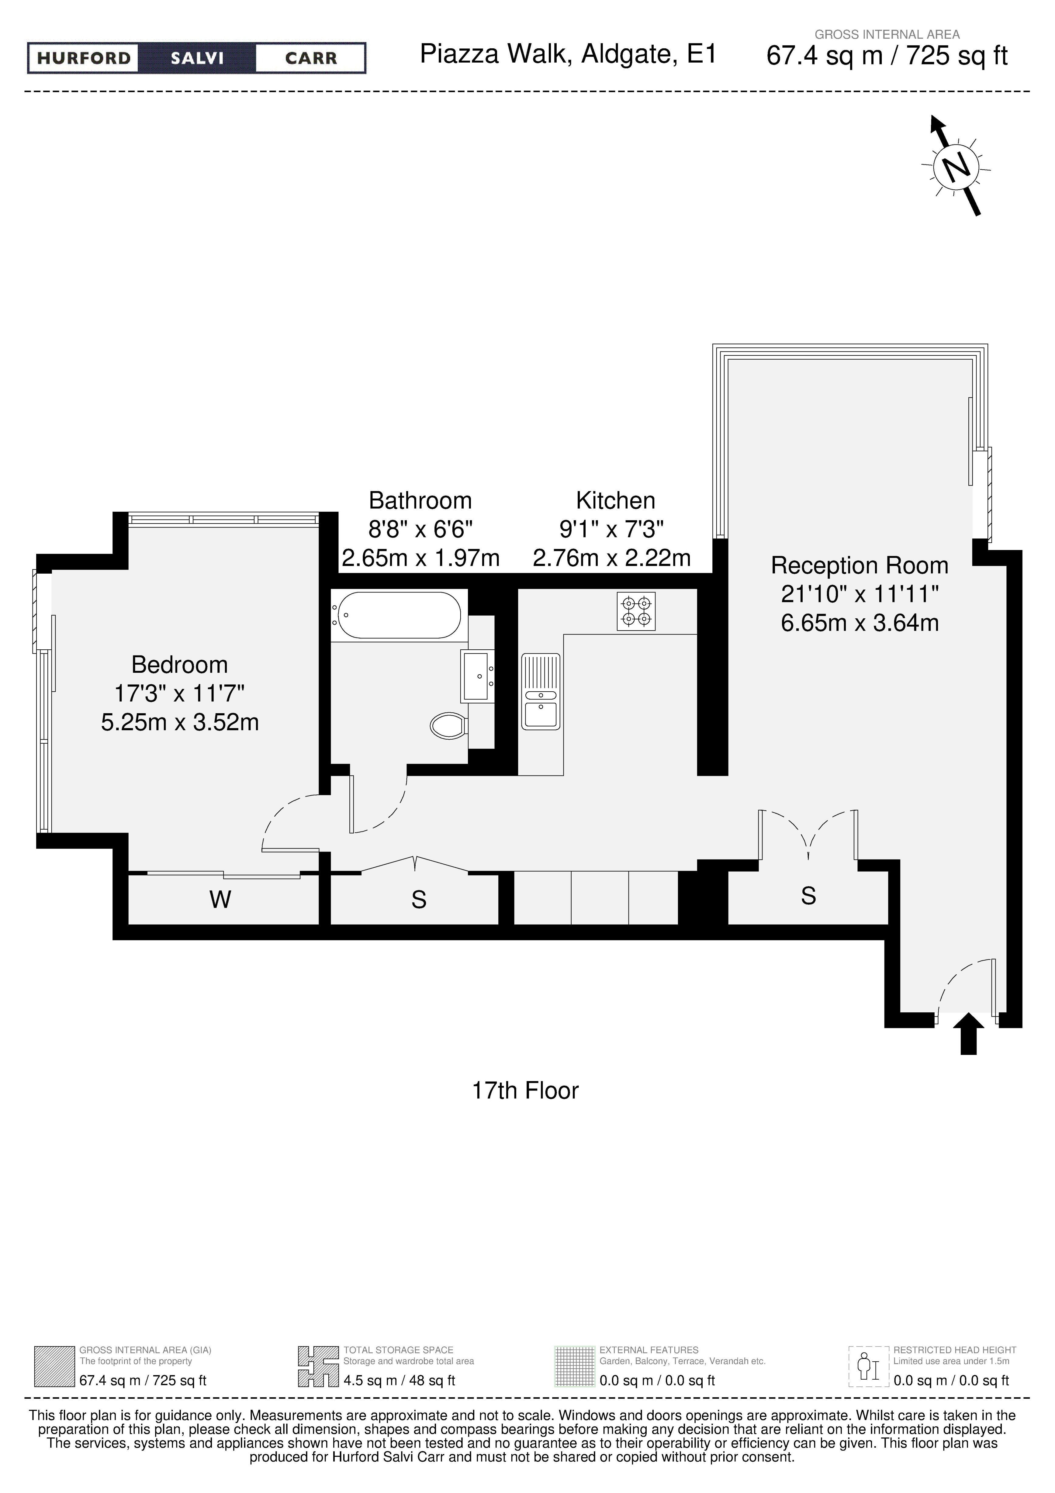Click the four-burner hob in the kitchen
click(x=636, y=611)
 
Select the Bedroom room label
click(x=179, y=665)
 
